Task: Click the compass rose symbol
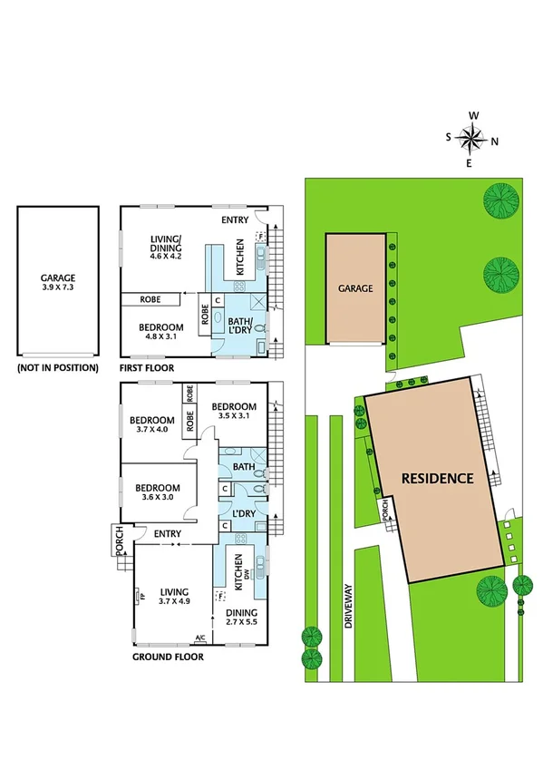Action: coord(471,139)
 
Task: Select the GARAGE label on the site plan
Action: coord(355,287)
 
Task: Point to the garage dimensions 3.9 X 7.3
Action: coord(57,289)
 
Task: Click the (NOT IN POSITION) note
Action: coord(57,369)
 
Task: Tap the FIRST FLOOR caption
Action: coord(148,369)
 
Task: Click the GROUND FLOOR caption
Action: coord(168,657)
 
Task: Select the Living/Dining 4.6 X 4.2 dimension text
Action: coord(166,257)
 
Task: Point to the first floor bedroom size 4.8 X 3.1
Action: coord(161,337)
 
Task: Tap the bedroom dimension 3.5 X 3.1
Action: coord(234,417)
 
